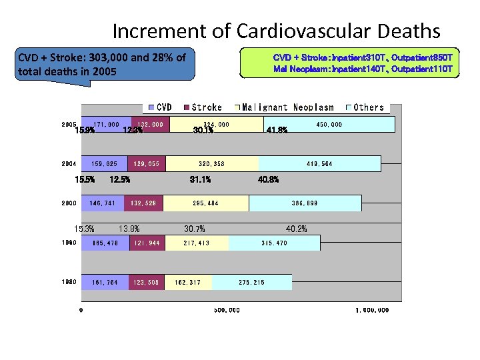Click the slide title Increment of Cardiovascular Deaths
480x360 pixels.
(x=276, y=31)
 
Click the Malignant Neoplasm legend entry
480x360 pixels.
(x=288, y=107)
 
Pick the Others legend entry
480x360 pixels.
(x=369, y=107)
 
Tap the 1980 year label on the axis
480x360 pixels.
(x=69, y=282)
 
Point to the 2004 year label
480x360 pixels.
(x=69, y=163)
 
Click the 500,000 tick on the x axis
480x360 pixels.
(x=227, y=310)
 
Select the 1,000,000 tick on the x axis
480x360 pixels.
(x=372, y=310)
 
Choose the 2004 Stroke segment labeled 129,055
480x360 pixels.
(x=146, y=164)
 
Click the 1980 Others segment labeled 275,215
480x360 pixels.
(x=251, y=283)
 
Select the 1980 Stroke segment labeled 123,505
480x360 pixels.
(x=145, y=283)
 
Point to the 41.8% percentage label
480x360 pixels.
(x=277, y=131)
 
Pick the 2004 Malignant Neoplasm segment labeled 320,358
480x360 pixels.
(x=213, y=164)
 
